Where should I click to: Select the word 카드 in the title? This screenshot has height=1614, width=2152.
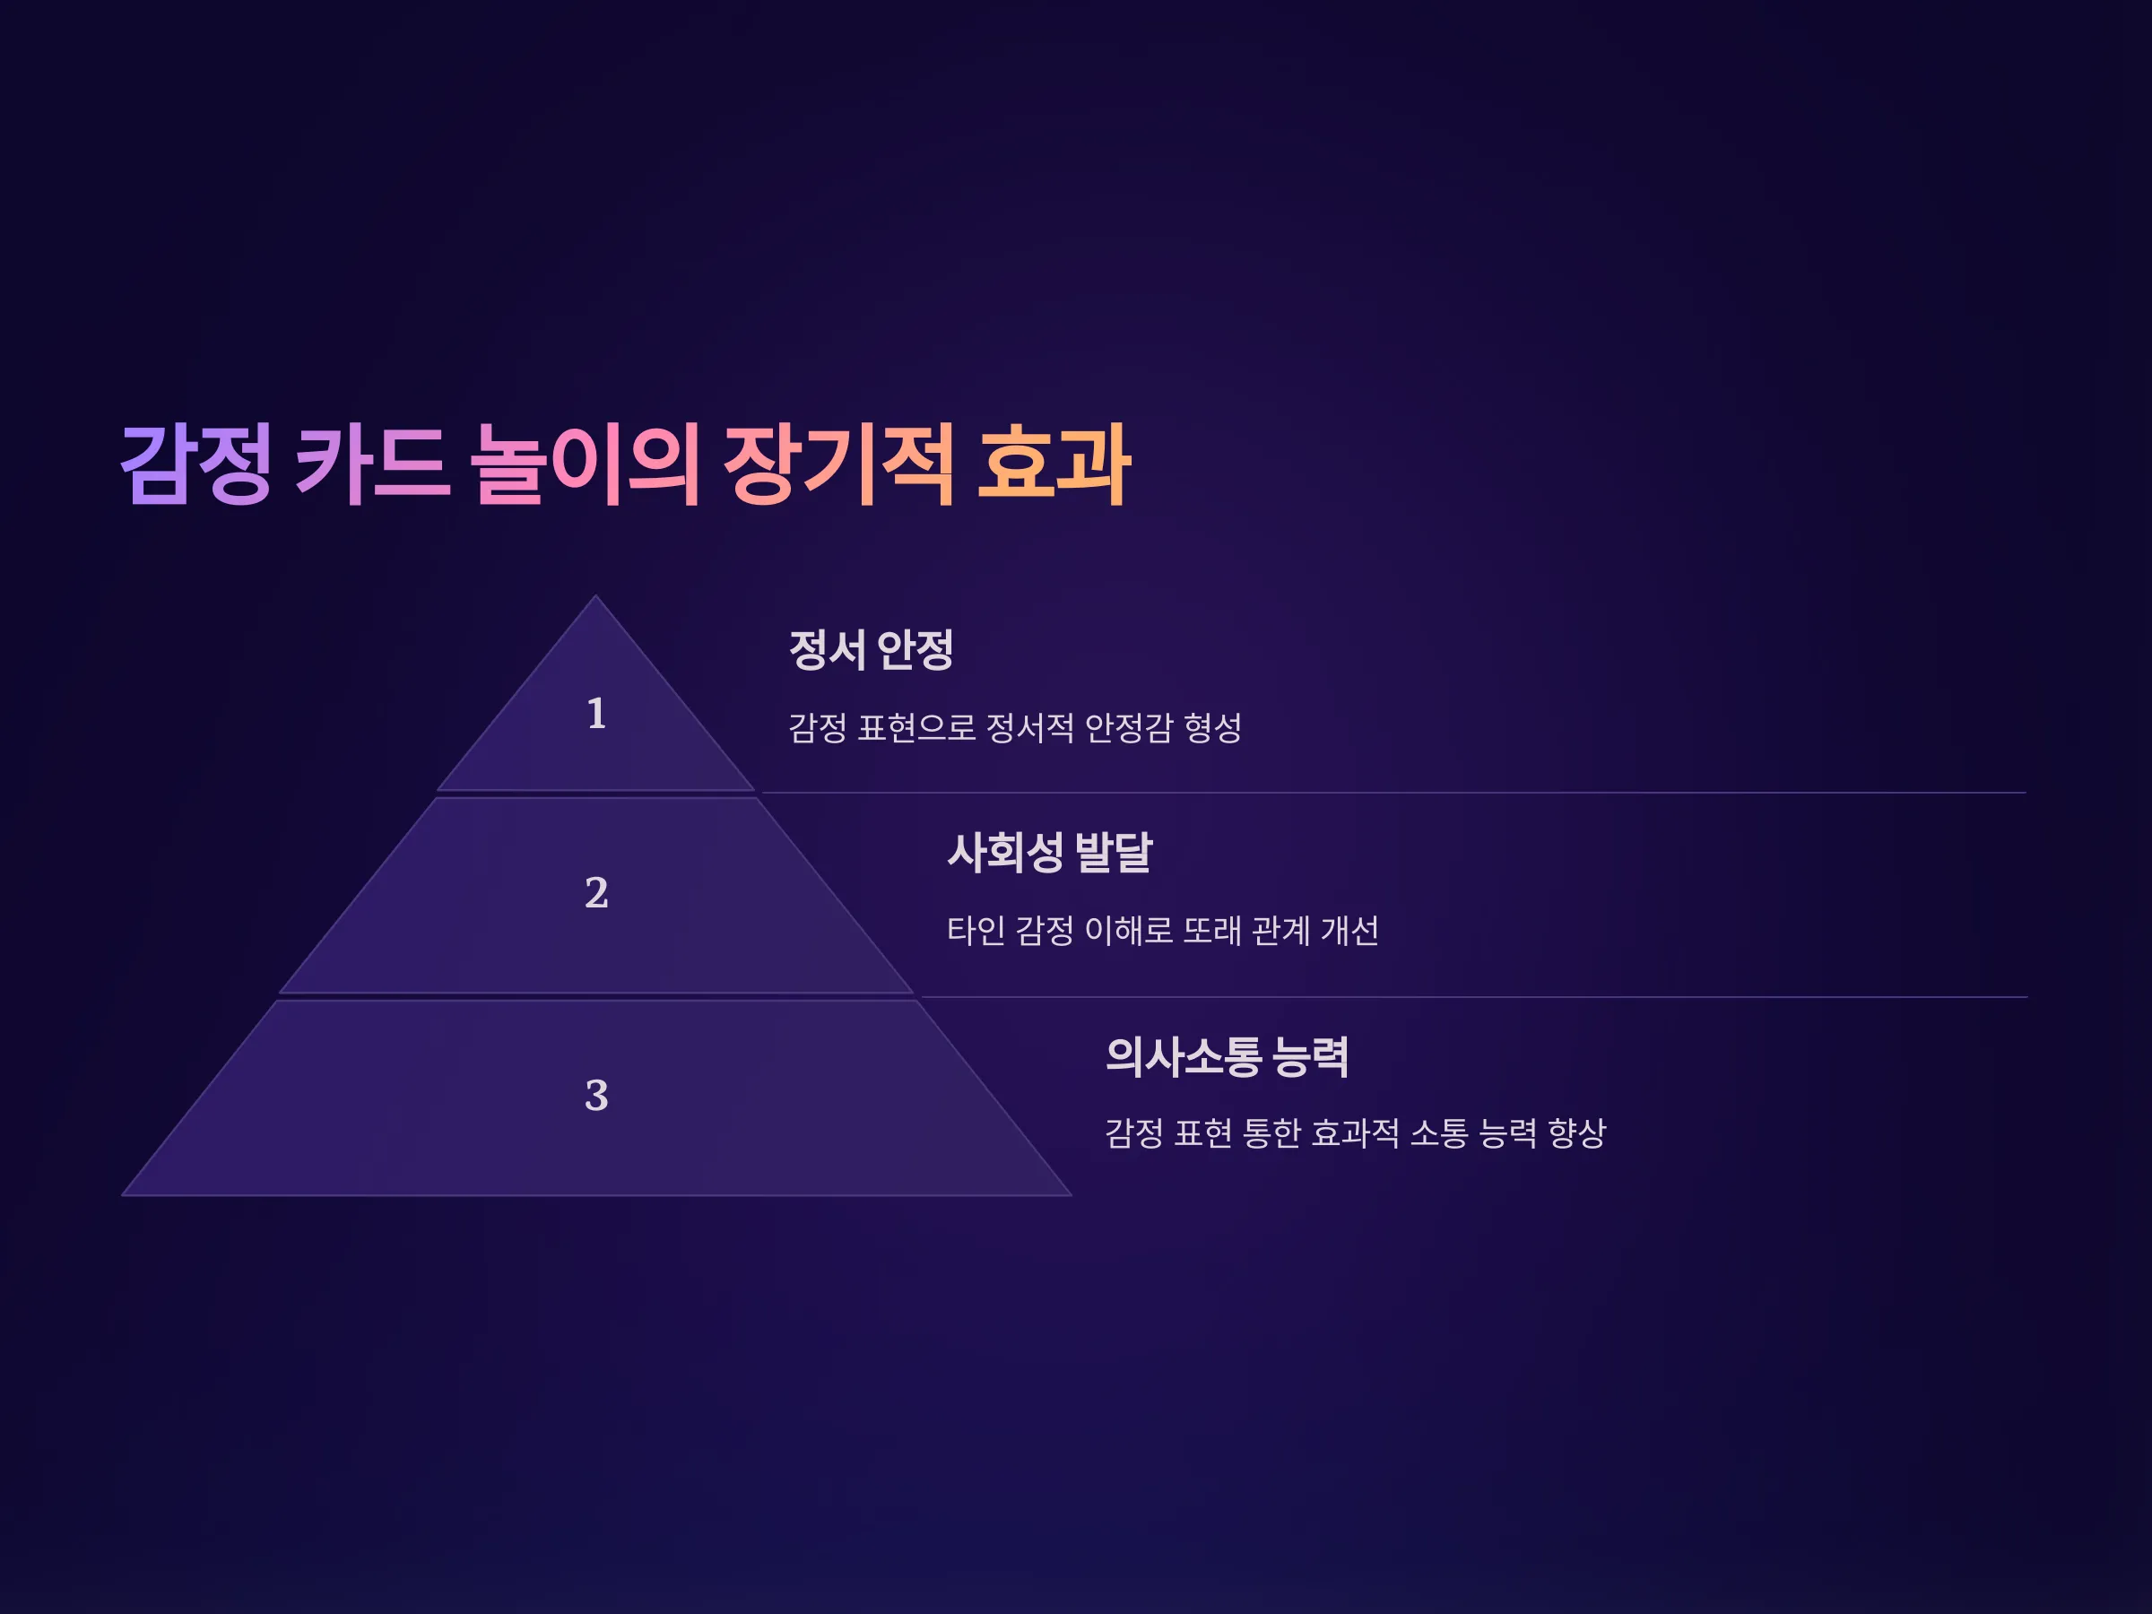click(374, 465)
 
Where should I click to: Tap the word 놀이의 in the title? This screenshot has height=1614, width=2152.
click(586, 465)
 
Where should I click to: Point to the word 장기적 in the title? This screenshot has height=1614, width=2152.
click(838, 465)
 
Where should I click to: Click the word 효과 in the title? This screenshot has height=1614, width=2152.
click(1054, 465)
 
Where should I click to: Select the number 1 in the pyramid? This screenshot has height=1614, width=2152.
click(596, 714)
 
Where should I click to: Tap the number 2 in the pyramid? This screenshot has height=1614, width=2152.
click(596, 893)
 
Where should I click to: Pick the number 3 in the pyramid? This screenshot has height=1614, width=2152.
click(596, 1096)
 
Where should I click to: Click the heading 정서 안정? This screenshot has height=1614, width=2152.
click(871, 650)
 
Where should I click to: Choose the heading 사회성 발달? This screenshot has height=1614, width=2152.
click(1050, 852)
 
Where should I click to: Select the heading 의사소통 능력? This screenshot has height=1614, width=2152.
click(1227, 1056)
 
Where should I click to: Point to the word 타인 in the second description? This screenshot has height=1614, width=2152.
click(976, 931)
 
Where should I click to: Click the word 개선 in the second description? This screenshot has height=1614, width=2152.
click(1350, 931)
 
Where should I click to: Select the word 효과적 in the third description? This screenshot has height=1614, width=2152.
click(1355, 1133)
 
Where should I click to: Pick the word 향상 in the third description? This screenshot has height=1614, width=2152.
click(1577, 1133)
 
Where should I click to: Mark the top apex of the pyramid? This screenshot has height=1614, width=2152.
click(596, 595)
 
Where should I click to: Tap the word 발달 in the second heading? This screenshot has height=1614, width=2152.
click(1114, 852)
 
